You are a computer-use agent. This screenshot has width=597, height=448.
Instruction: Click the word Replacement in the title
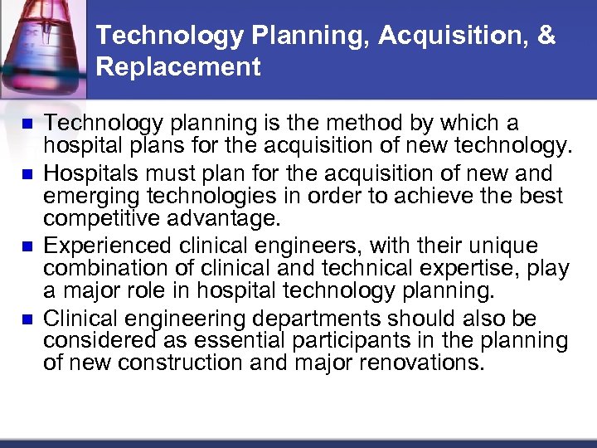tap(178, 66)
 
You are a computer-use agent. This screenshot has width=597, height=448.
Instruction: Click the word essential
tap(231, 342)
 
